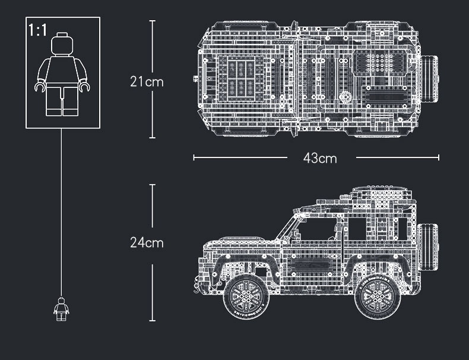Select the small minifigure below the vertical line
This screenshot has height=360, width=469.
pyautogui.click(x=61, y=309)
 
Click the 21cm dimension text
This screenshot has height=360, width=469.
pyautogui.click(x=147, y=81)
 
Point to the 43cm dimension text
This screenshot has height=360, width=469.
pyautogui.click(x=319, y=158)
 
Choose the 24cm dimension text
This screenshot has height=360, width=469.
pyautogui.click(x=147, y=242)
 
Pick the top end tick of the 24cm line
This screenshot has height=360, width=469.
pyautogui.click(x=152, y=185)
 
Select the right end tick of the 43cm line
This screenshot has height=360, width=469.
pyautogui.click(x=439, y=157)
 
